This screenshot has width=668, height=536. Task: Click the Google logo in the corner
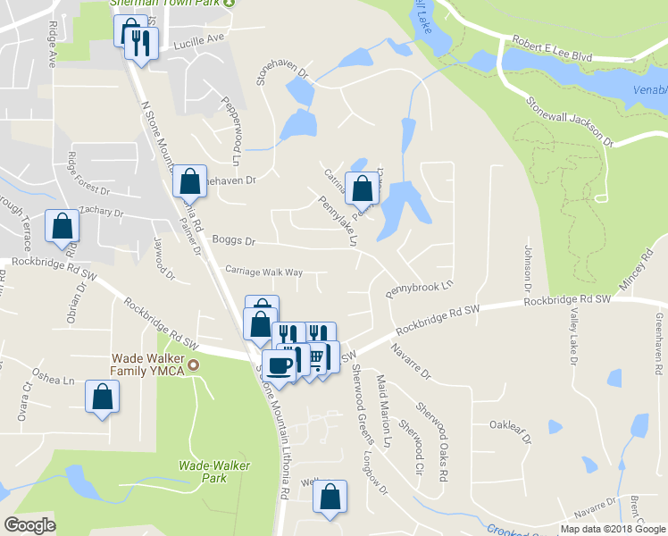point(29,525)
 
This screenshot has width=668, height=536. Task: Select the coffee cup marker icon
point(279,364)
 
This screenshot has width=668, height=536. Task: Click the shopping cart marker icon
point(315,358)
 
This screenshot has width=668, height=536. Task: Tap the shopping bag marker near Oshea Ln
point(102,396)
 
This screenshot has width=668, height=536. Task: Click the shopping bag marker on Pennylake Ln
point(362,188)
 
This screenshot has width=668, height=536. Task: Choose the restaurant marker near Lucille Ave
point(141,42)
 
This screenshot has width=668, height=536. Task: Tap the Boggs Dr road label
point(234,241)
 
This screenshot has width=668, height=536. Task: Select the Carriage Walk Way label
point(263,272)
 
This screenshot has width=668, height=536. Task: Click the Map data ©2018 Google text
point(613,529)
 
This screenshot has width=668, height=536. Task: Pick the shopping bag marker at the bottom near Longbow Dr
point(330,497)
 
